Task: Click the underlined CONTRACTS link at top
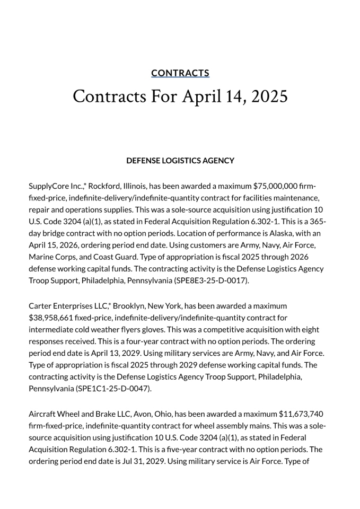point(180,73)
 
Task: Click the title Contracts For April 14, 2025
point(180,96)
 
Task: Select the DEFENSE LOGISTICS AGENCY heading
point(180,161)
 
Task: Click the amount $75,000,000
point(276,186)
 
